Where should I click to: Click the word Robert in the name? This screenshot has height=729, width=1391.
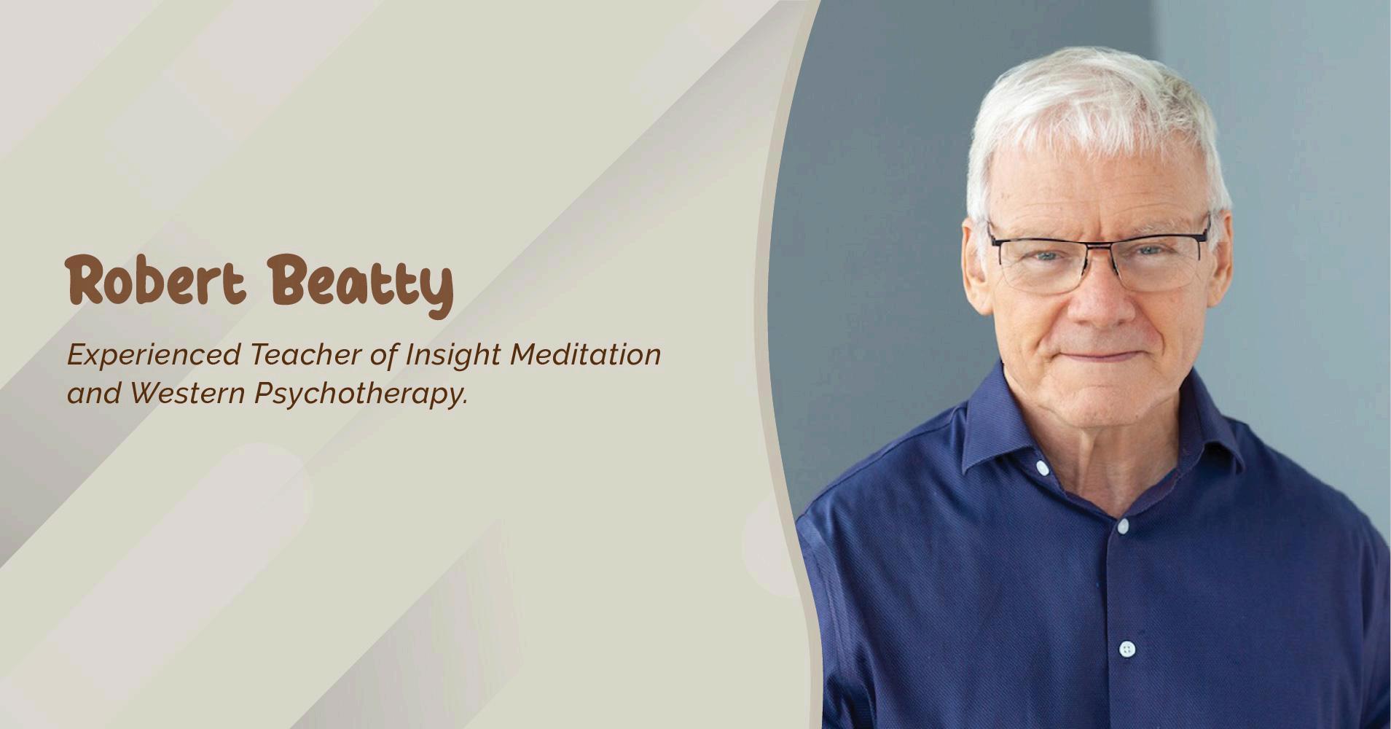(x=156, y=280)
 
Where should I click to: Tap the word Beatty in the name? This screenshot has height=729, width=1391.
(x=360, y=285)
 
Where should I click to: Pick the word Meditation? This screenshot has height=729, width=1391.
(x=585, y=354)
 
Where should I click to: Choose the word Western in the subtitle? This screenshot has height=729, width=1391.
(x=187, y=394)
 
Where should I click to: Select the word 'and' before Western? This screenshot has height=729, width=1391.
(x=94, y=394)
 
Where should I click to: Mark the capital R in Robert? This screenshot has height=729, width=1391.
(x=87, y=280)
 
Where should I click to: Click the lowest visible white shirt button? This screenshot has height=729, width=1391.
(x=1126, y=648)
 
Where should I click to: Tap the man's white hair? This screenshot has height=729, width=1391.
(x=1093, y=109)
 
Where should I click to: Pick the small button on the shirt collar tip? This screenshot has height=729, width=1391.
(x=1042, y=467)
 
